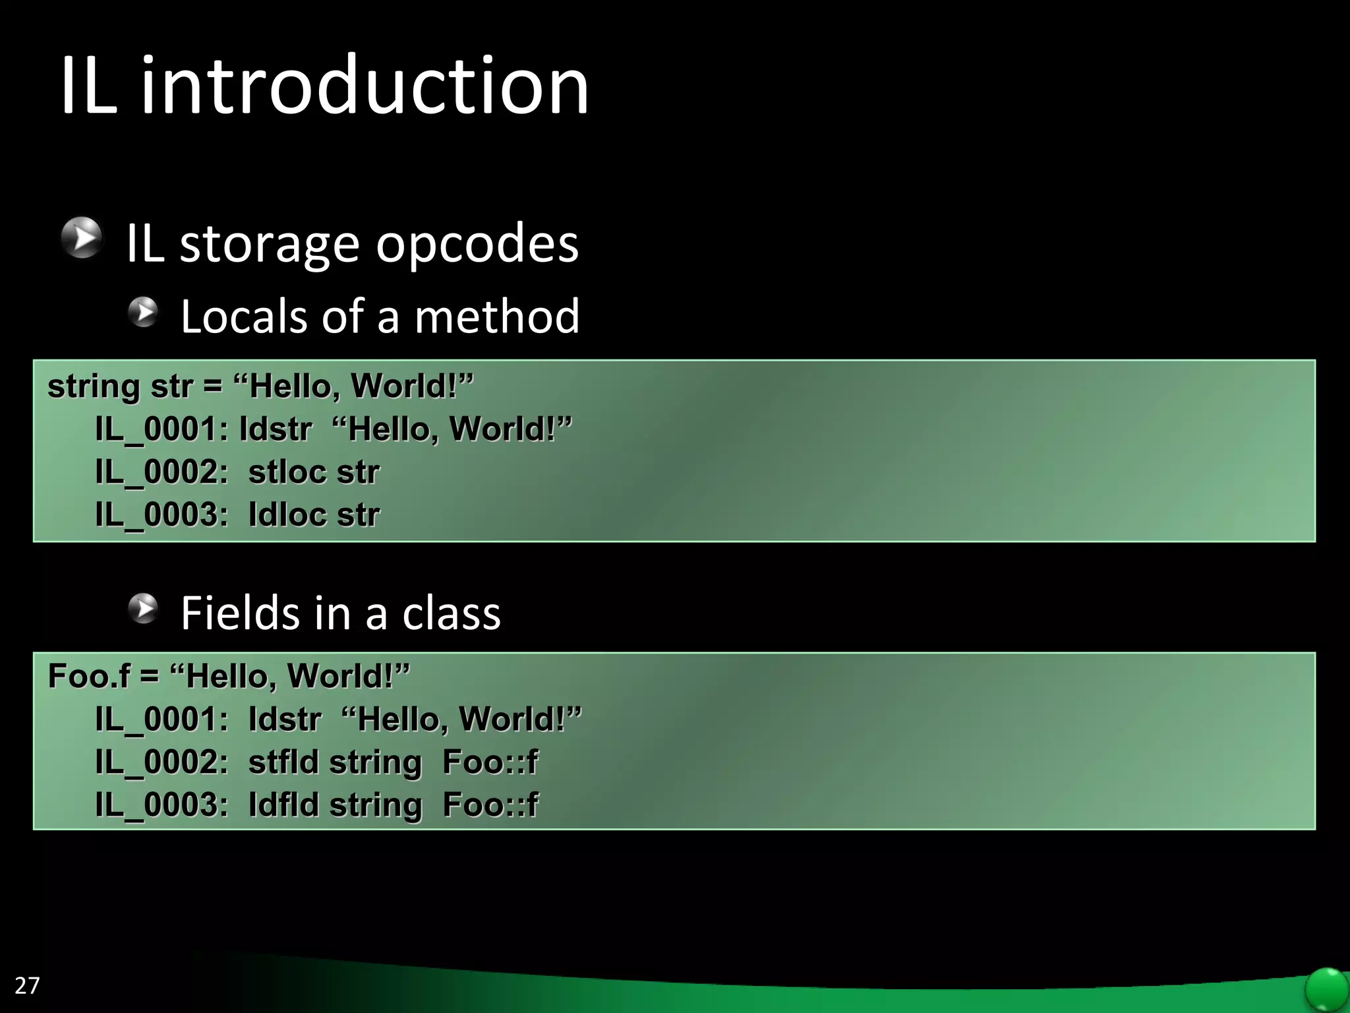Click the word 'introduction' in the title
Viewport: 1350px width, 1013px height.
click(365, 86)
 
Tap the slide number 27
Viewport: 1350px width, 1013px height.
click(27, 985)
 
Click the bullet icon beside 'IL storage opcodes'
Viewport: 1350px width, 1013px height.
click(82, 237)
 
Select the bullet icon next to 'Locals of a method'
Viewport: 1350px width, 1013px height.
click(143, 312)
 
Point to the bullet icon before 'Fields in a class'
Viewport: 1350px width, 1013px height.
click(143, 608)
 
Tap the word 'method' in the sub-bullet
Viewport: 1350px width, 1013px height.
click(497, 317)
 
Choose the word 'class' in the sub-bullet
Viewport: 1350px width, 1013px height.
click(452, 613)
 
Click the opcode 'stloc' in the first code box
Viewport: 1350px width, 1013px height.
click(287, 472)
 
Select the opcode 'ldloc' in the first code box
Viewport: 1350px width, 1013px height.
click(287, 515)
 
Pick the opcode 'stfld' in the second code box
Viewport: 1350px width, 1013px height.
click(283, 762)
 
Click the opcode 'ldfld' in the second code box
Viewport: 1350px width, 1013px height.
click(283, 805)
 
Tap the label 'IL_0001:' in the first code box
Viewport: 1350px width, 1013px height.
click(162, 429)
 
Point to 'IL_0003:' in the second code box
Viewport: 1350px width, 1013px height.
click(162, 805)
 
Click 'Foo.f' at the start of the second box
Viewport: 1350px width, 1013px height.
click(89, 676)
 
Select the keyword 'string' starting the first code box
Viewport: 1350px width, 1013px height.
click(94, 387)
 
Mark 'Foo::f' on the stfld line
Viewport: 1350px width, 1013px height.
click(490, 762)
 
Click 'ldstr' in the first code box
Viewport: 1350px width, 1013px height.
click(276, 429)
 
